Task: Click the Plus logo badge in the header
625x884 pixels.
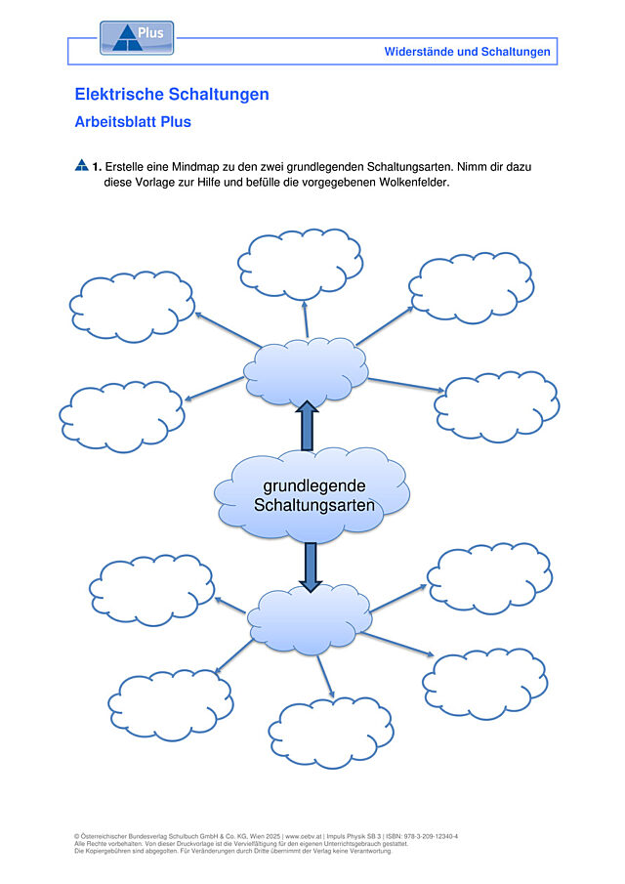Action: pos(137,38)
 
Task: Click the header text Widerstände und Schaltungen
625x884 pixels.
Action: pos(467,52)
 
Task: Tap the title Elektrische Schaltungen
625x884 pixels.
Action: pos(172,94)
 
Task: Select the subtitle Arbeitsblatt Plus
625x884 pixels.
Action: pos(133,122)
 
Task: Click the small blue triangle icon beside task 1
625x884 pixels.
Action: pos(82,165)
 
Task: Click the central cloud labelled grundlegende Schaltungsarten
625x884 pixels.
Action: pos(312,495)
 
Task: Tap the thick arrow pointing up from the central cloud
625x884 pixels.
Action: pos(308,426)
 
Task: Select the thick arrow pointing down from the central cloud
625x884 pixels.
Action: pos(310,568)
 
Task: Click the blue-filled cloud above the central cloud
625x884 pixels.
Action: pos(306,372)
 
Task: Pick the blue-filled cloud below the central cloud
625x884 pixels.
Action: pos(310,620)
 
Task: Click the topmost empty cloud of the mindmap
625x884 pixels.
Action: pos(301,264)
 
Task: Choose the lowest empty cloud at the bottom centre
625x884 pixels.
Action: pos(331,733)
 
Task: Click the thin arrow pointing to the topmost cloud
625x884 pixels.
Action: pos(306,319)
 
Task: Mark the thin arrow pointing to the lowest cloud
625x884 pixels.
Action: pos(325,677)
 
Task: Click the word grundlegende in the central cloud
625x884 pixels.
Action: pos(314,485)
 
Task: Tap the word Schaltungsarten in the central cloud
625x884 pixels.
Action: pos(314,505)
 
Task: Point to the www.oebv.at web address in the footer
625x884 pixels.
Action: pos(304,837)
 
